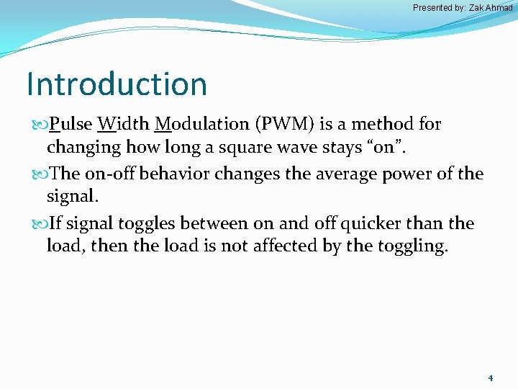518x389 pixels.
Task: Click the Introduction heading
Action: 117,84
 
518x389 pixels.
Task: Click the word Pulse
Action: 71,124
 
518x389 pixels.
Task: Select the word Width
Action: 122,124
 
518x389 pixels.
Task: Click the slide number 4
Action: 490,377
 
